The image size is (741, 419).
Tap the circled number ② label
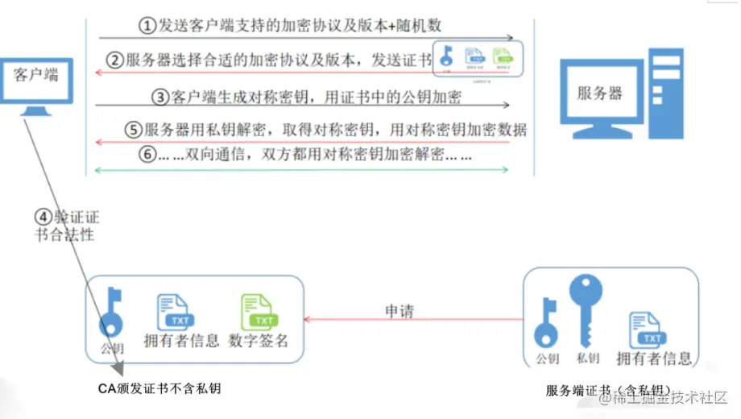click(117, 60)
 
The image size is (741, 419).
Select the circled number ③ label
click(160, 97)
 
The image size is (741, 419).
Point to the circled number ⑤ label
click(133, 130)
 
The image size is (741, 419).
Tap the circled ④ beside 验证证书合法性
click(43, 217)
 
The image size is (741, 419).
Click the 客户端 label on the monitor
click(37, 75)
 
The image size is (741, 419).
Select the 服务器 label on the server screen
click(599, 93)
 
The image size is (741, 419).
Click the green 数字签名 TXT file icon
click(259, 312)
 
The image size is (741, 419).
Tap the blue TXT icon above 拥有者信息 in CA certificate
click(172, 312)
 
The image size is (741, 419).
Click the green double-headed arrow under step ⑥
click(302, 169)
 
